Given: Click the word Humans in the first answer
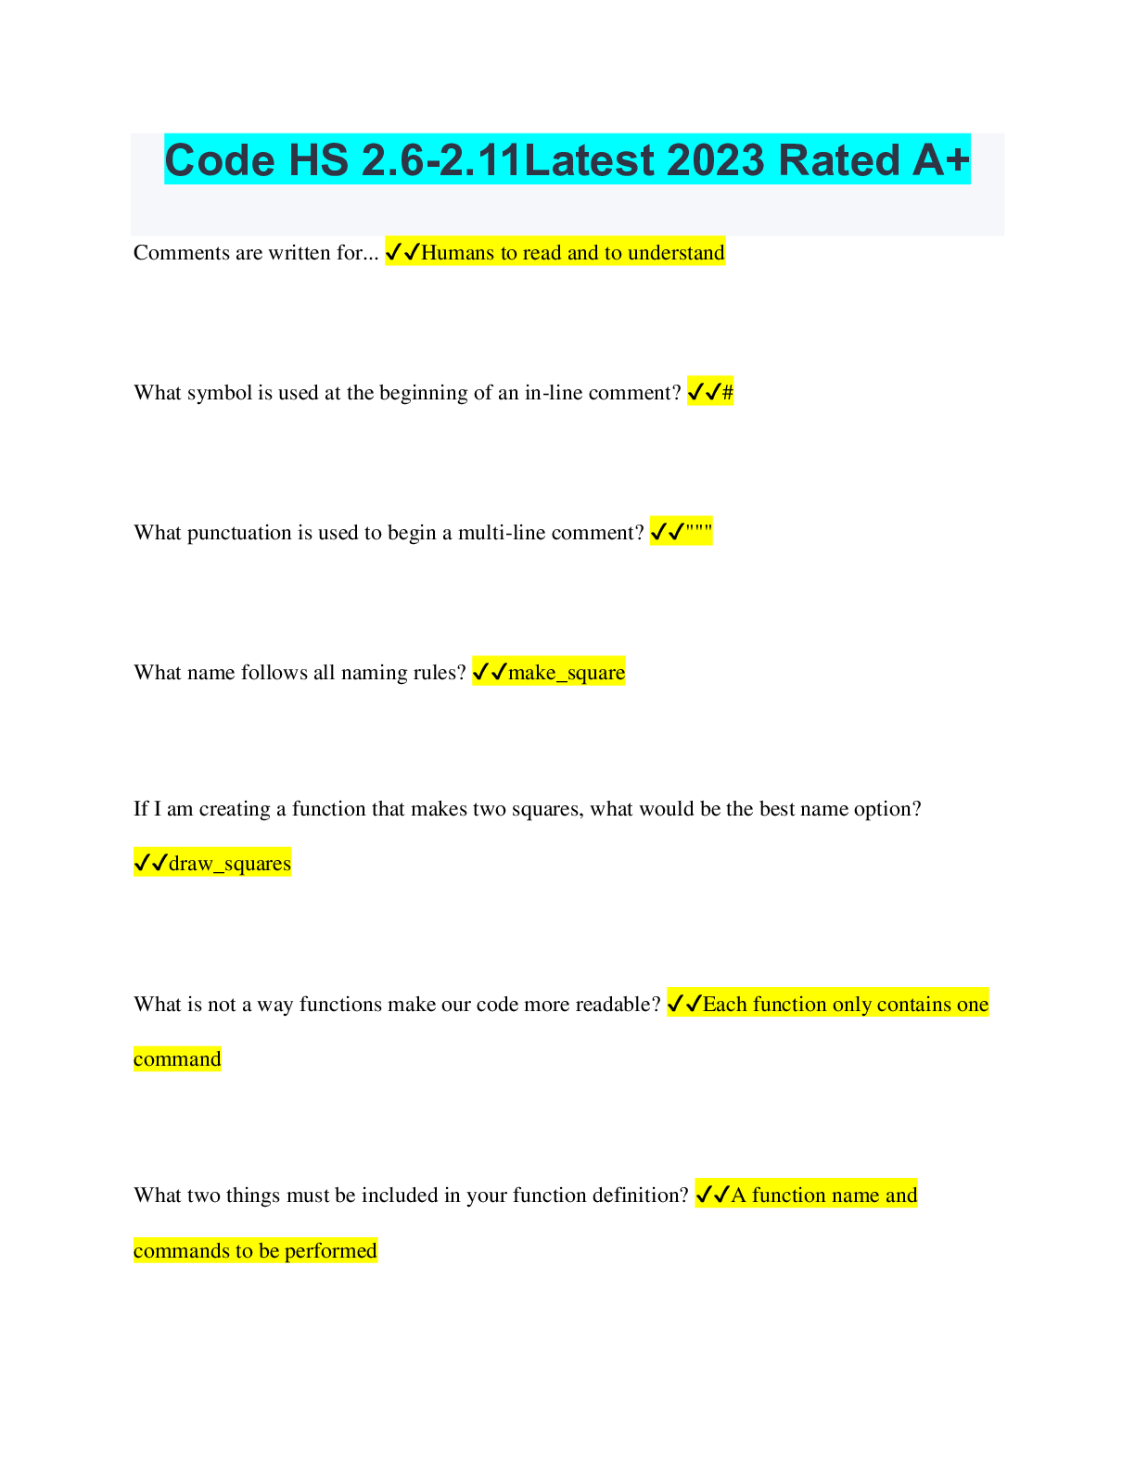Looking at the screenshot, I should pyautogui.click(x=457, y=253).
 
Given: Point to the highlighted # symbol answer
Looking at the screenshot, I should pyautogui.click(x=727, y=393).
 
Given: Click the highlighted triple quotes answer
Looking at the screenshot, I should pyautogui.click(x=699, y=533).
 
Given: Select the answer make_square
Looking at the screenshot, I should pyautogui.click(x=567, y=673).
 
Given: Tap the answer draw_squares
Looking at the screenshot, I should pyautogui.click(x=230, y=864).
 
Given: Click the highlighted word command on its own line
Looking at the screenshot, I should pyautogui.click(x=177, y=1059).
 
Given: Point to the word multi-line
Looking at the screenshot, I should pyautogui.click(x=502, y=533).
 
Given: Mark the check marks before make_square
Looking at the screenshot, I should pyautogui.click(x=490, y=673).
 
